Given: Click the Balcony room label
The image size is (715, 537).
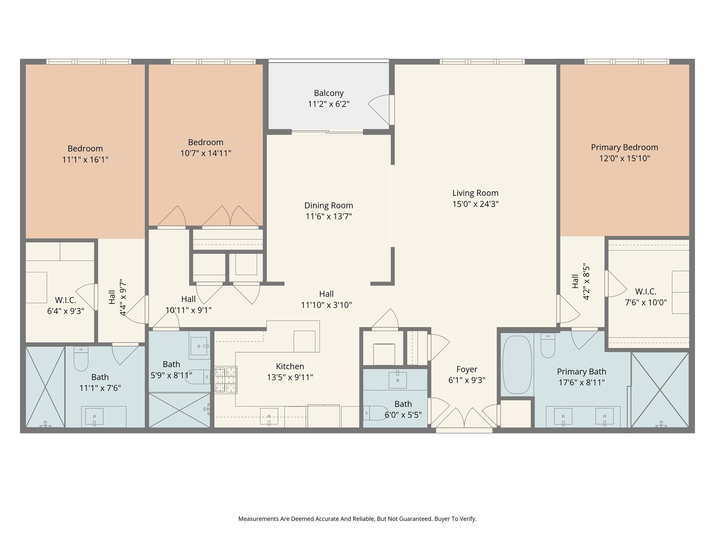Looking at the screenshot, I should [329, 93].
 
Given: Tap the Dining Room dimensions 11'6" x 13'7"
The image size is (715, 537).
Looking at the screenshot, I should [329, 216].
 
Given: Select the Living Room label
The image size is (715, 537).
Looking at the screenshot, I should [475, 193].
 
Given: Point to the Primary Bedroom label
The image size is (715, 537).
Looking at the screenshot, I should [624, 148].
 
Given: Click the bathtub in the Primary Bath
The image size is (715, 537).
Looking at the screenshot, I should [517, 365].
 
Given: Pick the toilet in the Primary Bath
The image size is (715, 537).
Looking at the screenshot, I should [548, 346].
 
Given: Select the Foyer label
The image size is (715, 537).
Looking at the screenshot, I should [467, 370].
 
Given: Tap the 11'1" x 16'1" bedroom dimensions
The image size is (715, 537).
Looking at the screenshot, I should [85, 160].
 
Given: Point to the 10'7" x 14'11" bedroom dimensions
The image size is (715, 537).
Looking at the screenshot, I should [206, 153].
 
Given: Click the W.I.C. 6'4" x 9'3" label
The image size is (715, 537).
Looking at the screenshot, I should [66, 305].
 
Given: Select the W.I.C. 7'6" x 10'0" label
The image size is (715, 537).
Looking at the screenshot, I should [646, 297].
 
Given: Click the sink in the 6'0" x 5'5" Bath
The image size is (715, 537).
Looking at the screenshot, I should [398, 380].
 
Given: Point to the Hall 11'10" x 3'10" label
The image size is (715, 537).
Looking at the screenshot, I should [326, 300].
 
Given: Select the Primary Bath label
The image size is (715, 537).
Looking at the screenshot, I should [581, 372].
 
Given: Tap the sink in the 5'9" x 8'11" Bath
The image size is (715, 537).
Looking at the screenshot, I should [199, 346].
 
